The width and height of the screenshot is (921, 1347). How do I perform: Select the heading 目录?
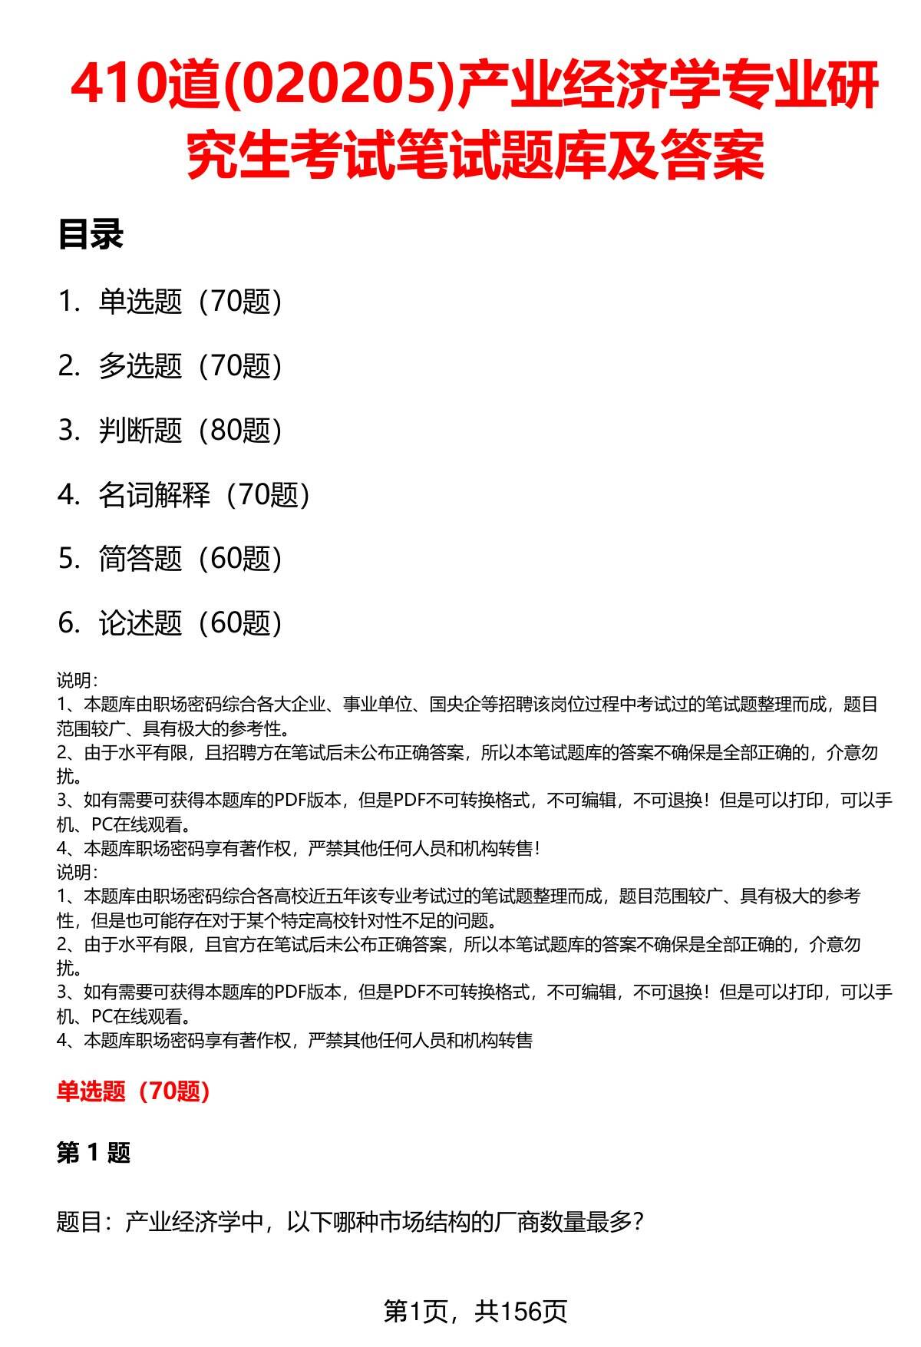point(91,235)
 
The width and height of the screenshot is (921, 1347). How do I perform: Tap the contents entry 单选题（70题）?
point(190,302)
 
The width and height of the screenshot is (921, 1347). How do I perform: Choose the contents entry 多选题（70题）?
point(190,366)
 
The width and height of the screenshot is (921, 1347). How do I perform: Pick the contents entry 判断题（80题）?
point(190,431)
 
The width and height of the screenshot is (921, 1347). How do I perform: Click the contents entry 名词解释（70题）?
point(204,495)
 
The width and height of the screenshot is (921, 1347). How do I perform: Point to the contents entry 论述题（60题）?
point(190,623)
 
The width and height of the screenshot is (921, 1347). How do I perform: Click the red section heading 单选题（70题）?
point(134,1091)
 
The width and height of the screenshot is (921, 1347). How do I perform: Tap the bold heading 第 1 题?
point(94,1152)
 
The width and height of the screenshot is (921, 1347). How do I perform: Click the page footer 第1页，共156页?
point(475,1311)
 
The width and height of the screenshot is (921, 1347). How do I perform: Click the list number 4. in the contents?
point(68,495)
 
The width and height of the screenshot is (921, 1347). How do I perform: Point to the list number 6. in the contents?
point(68,623)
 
